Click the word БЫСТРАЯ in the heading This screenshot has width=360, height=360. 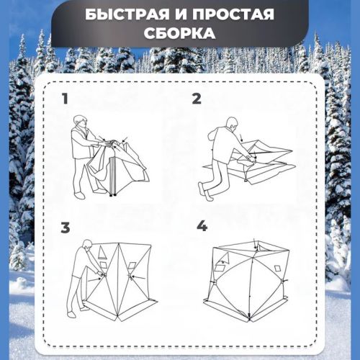point(127,14)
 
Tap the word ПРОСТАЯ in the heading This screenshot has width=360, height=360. point(233,14)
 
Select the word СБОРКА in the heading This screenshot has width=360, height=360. point(179,33)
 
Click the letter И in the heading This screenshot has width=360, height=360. point(181,14)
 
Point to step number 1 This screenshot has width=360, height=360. point(65,99)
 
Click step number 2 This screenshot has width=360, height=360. point(197,99)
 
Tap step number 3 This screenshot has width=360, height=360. point(66,228)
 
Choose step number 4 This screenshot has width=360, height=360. point(202,226)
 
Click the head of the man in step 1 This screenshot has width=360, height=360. point(81,122)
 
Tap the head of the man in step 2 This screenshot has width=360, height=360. point(233,124)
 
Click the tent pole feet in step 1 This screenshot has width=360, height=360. point(112,195)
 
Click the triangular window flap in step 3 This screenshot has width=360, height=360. point(102,253)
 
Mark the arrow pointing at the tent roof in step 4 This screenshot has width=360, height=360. point(256,243)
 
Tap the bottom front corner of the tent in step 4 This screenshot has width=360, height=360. point(249,320)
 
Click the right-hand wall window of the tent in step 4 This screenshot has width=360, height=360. point(277,268)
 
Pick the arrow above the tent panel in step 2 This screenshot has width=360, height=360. point(241,138)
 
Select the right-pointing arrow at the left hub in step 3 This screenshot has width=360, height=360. point(94,279)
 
